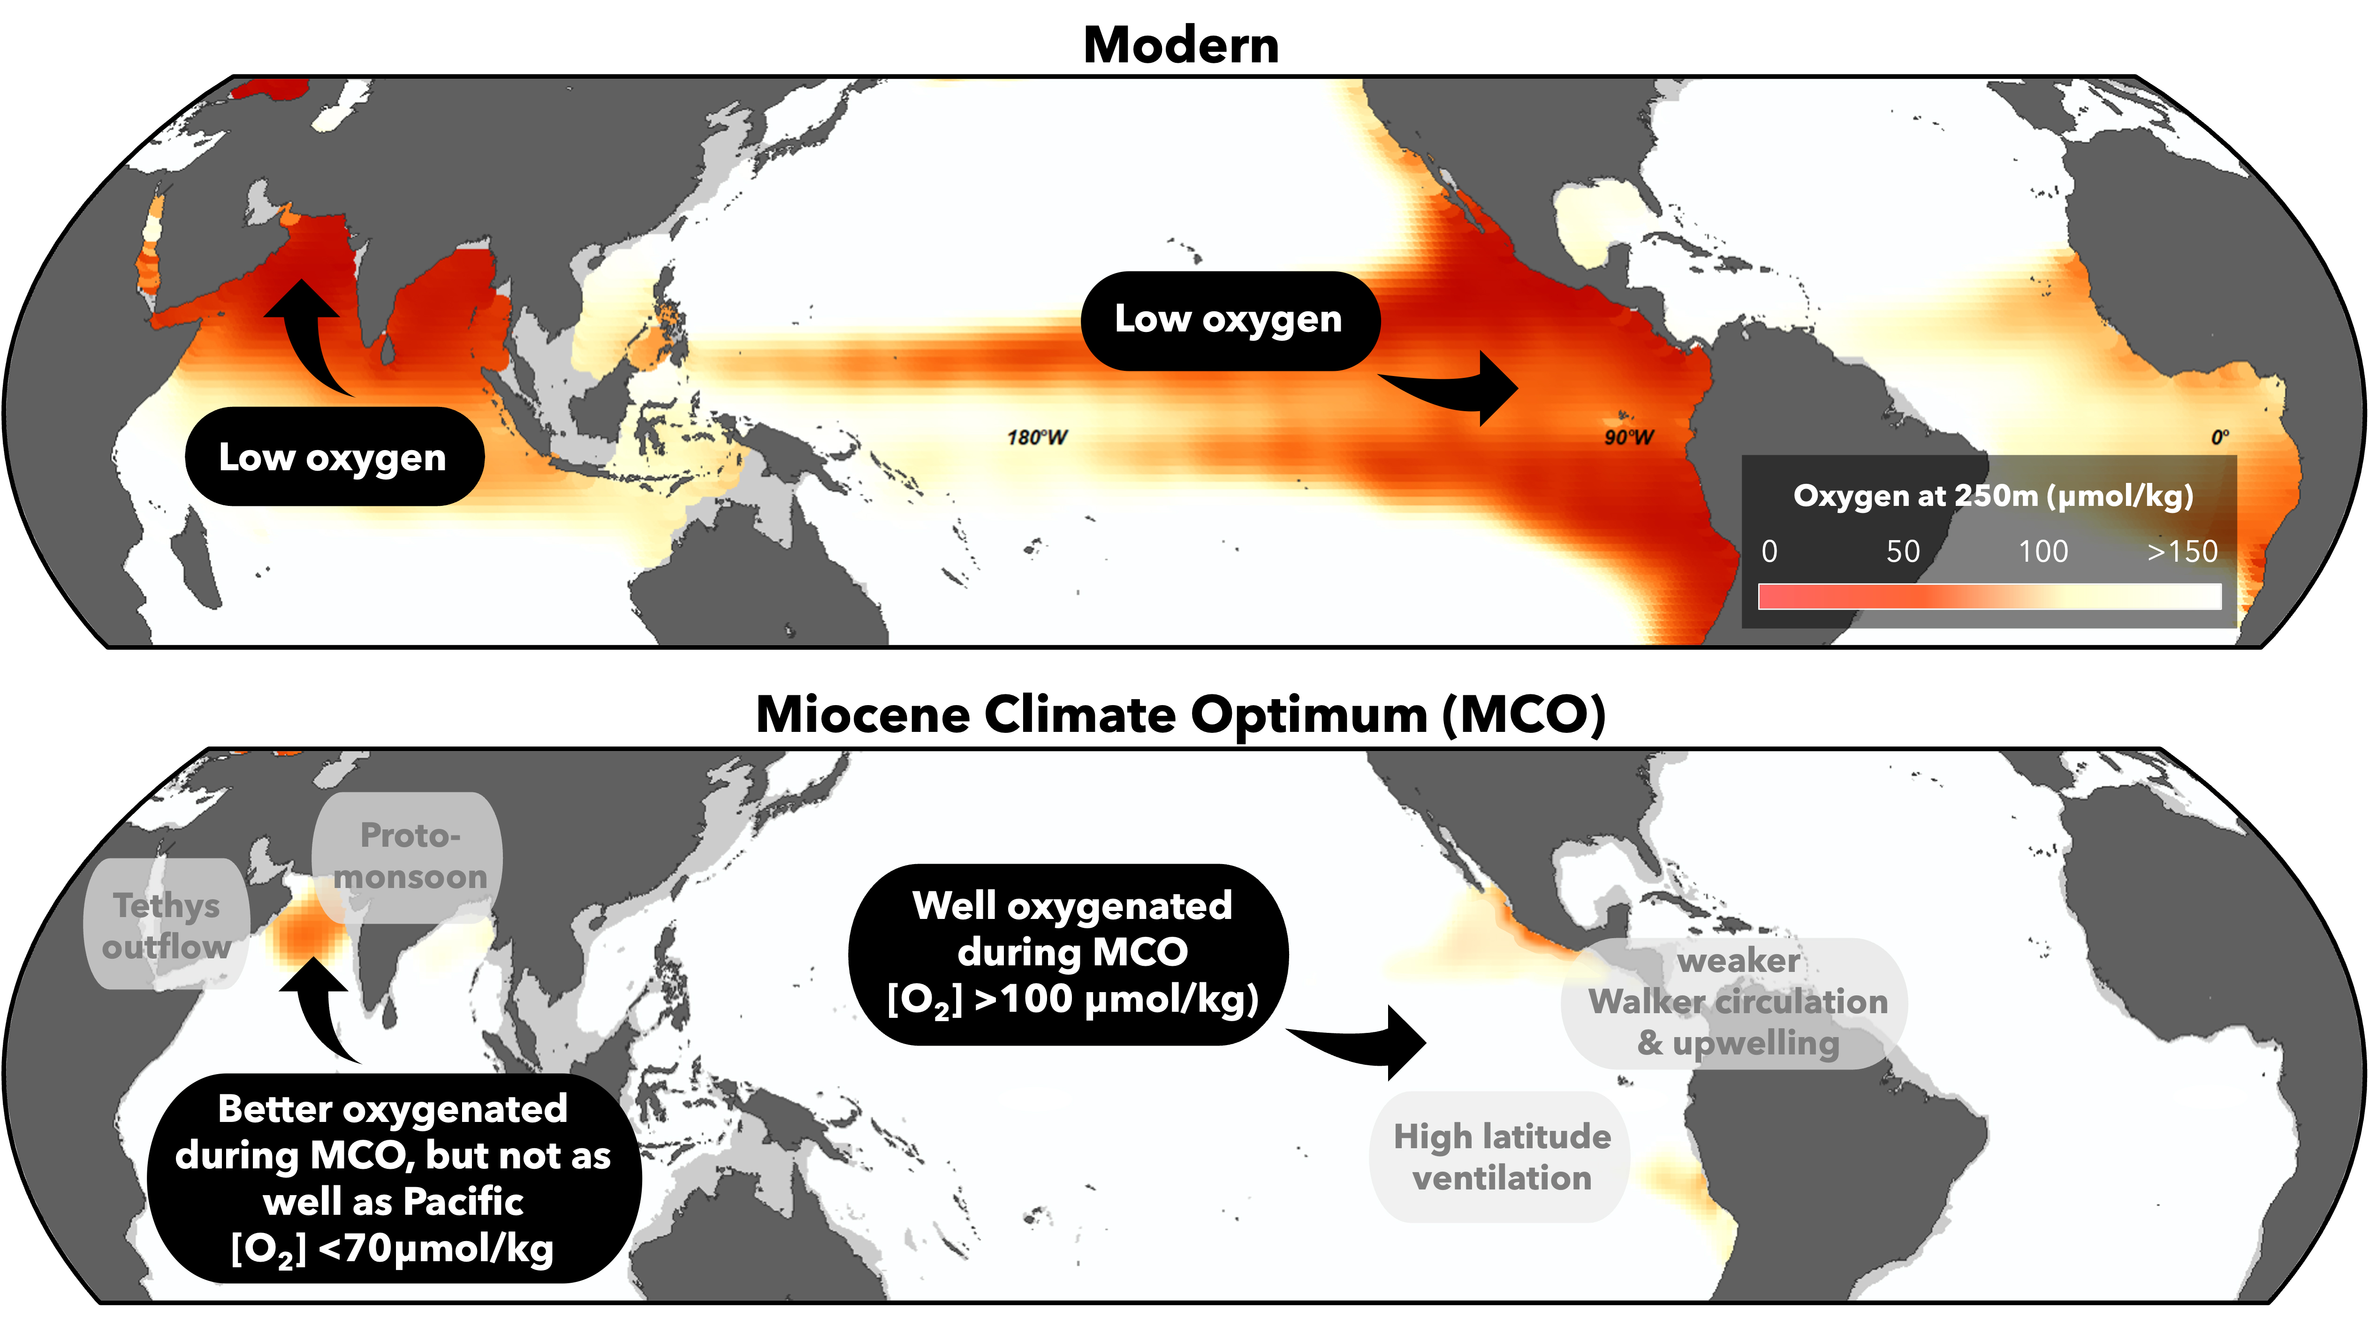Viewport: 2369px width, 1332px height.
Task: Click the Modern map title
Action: click(x=1181, y=45)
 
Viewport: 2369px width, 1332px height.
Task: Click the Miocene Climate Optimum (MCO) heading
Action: click(x=1181, y=714)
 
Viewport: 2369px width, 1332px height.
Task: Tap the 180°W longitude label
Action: click(x=1036, y=437)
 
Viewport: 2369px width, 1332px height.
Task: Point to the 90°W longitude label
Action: click(x=1629, y=437)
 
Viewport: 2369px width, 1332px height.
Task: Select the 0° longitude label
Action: click(x=2219, y=437)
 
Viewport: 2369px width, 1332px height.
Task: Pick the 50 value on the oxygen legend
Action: click(x=1903, y=551)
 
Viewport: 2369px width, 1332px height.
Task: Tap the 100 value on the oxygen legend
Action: click(x=2043, y=551)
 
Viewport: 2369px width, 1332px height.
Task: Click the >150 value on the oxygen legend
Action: click(x=2181, y=551)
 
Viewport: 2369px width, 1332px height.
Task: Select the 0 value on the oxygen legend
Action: click(x=1769, y=551)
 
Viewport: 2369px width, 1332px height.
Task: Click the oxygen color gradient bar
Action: click(x=1989, y=596)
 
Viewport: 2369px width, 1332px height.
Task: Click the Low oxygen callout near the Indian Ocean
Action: click(x=333, y=457)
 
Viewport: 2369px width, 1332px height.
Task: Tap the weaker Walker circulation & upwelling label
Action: click(x=1737, y=1002)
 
